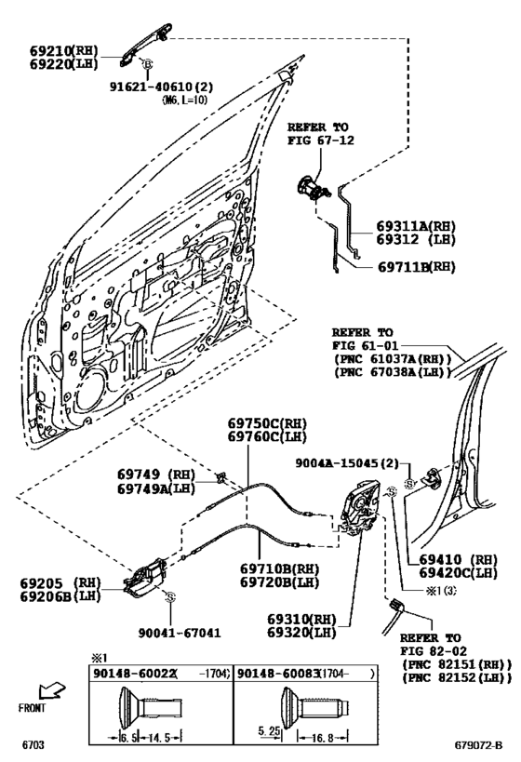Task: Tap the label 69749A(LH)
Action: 155,488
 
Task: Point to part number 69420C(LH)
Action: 457,574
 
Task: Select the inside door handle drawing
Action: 144,575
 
